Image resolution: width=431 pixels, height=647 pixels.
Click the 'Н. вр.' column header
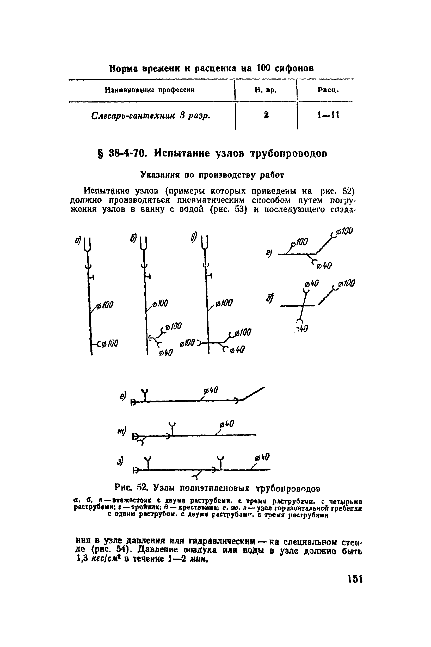pyautogui.click(x=265, y=90)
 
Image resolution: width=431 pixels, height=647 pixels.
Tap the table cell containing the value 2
pyautogui.click(x=266, y=114)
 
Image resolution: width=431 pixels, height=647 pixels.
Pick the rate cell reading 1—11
pyautogui.click(x=329, y=115)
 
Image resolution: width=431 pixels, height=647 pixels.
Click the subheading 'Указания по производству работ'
pyautogui.click(x=212, y=175)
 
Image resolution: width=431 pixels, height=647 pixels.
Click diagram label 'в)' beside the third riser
pyautogui.click(x=194, y=238)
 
